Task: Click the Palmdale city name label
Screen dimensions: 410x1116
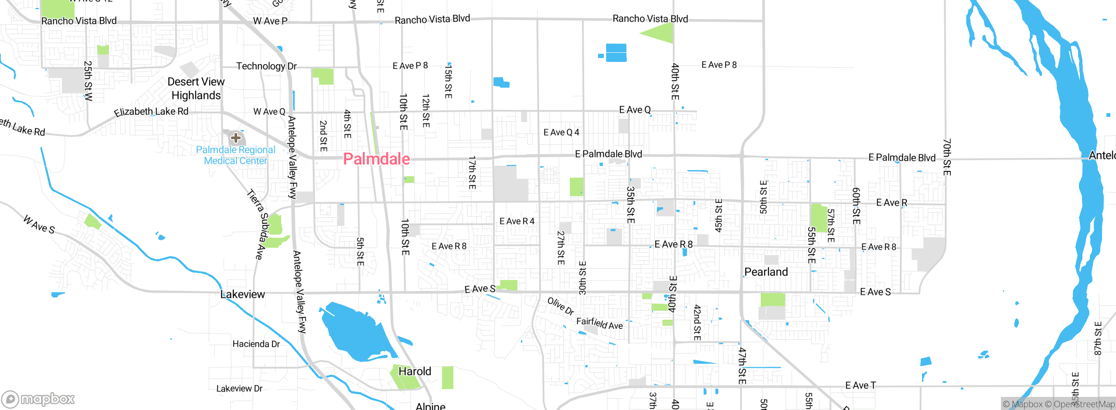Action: click(x=376, y=159)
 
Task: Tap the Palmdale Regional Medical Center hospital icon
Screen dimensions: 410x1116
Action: click(x=236, y=138)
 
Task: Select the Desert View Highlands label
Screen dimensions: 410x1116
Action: click(x=196, y=89)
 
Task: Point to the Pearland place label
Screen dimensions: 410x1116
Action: click(x=766, y=272)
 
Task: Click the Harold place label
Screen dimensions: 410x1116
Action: click(x=415, y=371)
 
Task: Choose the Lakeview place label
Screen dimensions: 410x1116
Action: click(x=243, y=294)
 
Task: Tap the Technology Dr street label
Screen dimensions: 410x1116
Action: click(x=266, y=66)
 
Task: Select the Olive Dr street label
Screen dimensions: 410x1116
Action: click(x=561, y=306)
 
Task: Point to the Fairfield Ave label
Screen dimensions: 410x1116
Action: click(x=599, y=323)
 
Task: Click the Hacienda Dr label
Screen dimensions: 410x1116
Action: click(x=256, y=344)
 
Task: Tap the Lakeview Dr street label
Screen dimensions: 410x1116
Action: click(x=239, y=388)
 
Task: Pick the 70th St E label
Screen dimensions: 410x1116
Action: click(x=946, y=157)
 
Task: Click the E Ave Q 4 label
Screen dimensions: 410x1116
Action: click(x=561, y=132)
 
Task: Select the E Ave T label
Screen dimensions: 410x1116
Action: click(x=860, y=385)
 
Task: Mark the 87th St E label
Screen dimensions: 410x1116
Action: click(x=1098, y=338)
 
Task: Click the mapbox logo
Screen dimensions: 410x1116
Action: click(x=38, y=399)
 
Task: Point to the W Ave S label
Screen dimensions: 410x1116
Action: click(x=39, y=224)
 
